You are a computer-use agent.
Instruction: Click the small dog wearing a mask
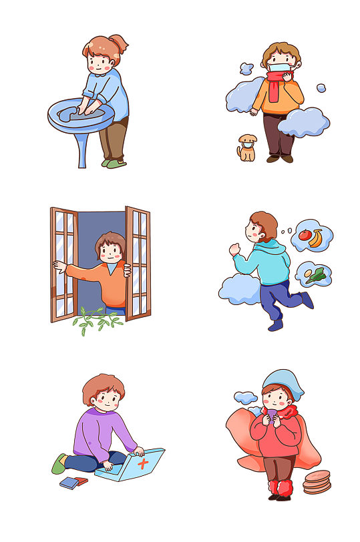pos(247,148)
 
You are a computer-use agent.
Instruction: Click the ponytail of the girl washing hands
pos(121,45)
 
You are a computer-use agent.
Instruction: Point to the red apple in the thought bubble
pos(305,235)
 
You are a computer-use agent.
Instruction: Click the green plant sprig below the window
pos(98,320)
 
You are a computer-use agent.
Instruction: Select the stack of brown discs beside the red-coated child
pos(317,482)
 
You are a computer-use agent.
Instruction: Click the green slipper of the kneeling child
pos(59,463)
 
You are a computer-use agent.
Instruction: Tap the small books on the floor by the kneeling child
pos(73,482)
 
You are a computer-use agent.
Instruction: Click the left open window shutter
pos(64,264)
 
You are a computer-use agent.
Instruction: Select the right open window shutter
pos(138,264)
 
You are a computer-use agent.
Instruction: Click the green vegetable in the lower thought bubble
pos(318,274)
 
